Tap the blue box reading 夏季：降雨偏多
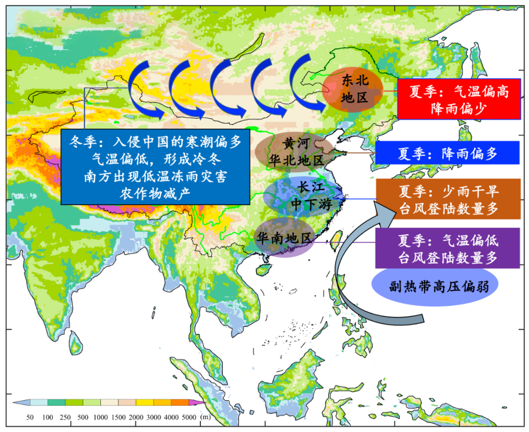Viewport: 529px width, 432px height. click(x=447, y=153)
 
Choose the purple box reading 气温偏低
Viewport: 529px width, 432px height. click(x=448, y=248)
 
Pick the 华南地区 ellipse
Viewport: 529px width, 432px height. click(x=285, y=238)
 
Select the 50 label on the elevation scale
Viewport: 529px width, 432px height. click(x=30, y=417)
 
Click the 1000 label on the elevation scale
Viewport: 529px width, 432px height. click(x=100, y=417)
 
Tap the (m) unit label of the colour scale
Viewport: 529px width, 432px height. click(x=206, y=417)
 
